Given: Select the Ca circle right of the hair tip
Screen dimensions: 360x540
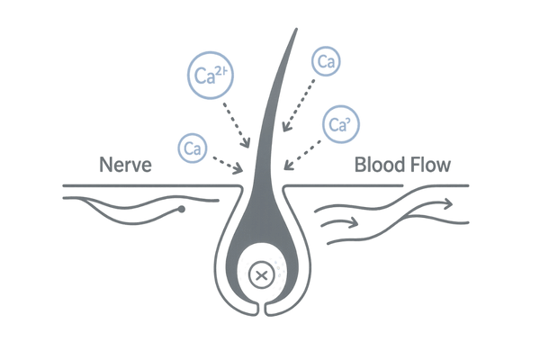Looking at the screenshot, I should pos(324,62).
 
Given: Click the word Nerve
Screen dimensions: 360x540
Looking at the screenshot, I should pos(127,166).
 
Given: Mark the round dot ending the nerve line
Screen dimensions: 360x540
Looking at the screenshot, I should pos(183,211).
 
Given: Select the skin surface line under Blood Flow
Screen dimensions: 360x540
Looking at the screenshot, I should pos(396,186).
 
